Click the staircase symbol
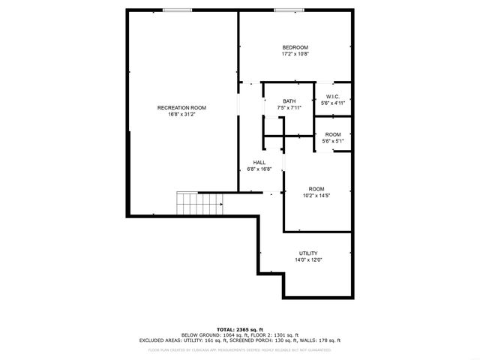click(x=199, y=202)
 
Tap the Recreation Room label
click(x=181, y=108)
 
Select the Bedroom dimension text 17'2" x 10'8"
click(x=295, y=54)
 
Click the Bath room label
click(x=289, y=101)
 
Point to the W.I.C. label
click(x=332, y=97)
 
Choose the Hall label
click(x=259, y=163)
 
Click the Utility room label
click(x=308, y=254)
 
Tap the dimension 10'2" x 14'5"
click(x=316, y=195)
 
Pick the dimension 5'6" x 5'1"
click(x=332, y=140)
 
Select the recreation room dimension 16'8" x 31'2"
click(x=181, y=115)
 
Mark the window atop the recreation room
click(x=177, y=10)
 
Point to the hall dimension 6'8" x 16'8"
click(x=259, y=169)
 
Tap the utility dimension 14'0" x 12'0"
click(x=308, y=261)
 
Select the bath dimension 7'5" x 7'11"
click(x=289, y=108)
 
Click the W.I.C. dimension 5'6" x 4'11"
click(x=332, y=103)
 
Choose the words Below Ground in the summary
click(x=199, y=334)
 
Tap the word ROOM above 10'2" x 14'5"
click(x=316, y=188)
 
